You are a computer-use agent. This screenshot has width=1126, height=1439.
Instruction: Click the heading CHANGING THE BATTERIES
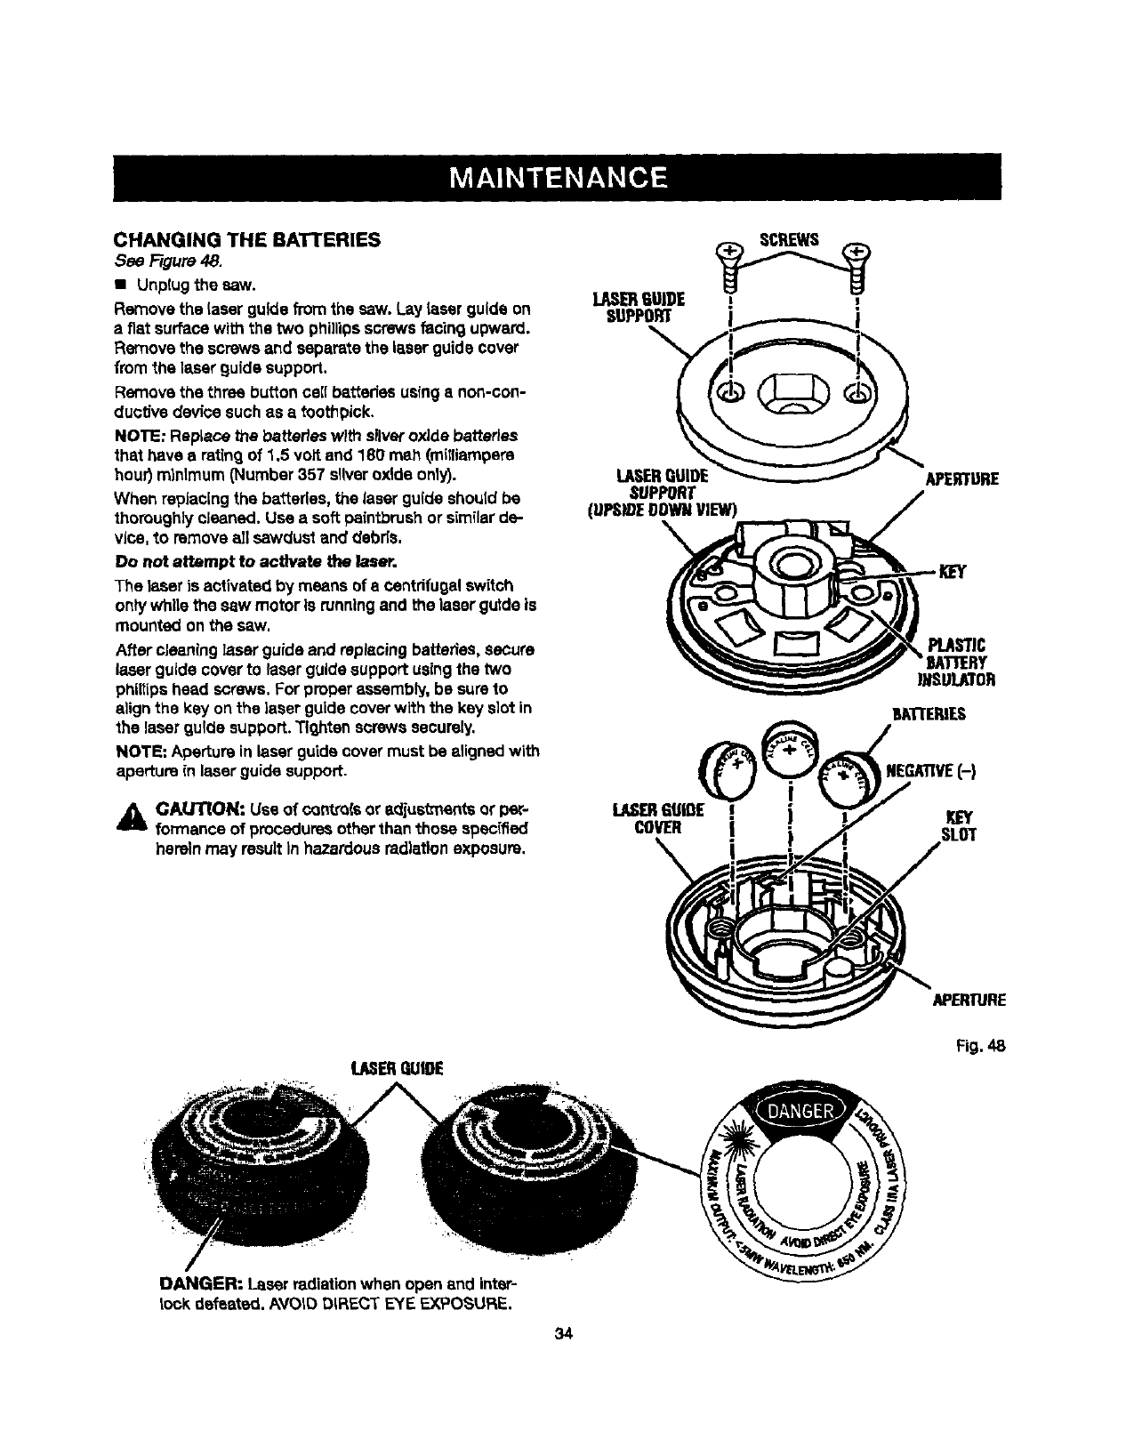click(246, 239)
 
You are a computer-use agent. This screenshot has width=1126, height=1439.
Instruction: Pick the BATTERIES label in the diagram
click(929, 713)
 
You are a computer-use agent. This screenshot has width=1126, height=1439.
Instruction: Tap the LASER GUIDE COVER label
click(659, 819)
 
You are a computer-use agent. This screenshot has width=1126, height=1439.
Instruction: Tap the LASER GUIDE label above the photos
click(398, 1066)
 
